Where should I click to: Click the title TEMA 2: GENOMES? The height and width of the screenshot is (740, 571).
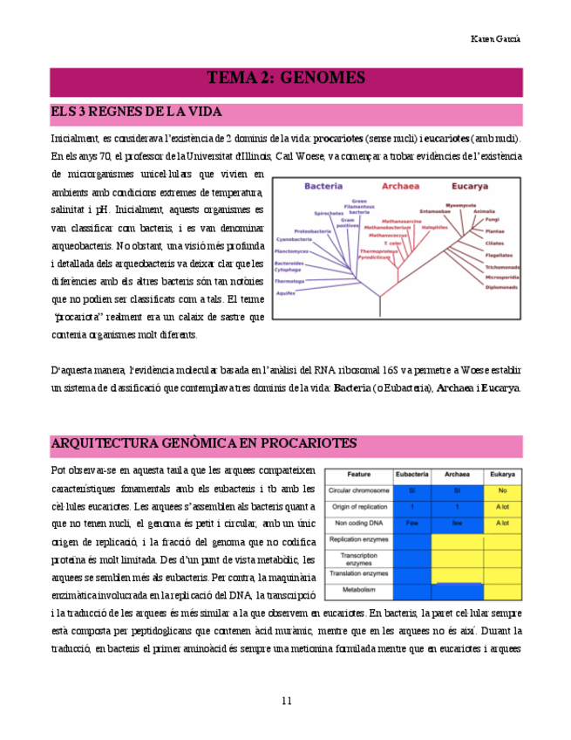click(x=285, y=79)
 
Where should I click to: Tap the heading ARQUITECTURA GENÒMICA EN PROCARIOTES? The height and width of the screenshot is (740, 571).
click(x=203, y=443)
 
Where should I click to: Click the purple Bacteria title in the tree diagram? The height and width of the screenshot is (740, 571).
click(x=324, y=186)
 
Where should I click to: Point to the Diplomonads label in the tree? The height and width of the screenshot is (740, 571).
click(x=502, y=286)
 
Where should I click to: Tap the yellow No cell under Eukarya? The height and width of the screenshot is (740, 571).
click(x=501, y=491)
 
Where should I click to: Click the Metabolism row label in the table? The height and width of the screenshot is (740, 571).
click(x=359, y=591)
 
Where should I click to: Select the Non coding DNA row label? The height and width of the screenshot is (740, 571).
click(x=359, y=523)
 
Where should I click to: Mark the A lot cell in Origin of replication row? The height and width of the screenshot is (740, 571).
click(x=501, y=507)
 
